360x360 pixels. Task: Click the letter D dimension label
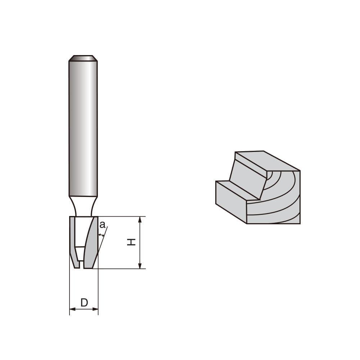[x=84, y=303]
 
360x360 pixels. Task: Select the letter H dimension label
[x=132, y=242]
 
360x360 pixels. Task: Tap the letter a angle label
[x=102, y=225]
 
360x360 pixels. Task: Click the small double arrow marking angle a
[x=101, y=235]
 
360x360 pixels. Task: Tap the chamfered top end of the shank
[x=83, y=58]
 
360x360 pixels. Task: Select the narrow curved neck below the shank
[x=83, y=206]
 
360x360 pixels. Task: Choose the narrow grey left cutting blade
[x=73, y=241]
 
